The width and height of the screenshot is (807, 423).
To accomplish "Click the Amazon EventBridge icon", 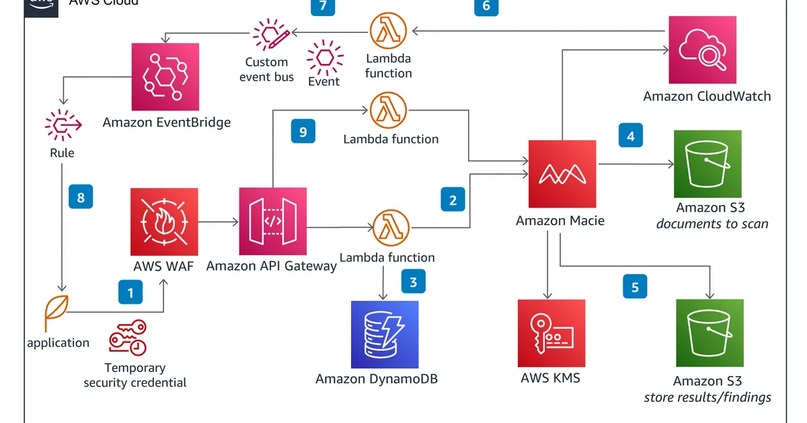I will (x=165, y=77).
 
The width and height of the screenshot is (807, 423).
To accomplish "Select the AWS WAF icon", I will (x=165, y=222).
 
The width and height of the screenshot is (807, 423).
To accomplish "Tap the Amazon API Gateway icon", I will (x=272, y=222).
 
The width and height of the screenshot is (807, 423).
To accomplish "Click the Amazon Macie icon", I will (x=562, y=174).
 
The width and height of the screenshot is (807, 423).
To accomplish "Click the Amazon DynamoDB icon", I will (x=384, y=334).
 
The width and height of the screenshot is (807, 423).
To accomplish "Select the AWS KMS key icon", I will (x=551, y=333).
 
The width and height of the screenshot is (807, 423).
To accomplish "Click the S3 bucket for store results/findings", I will (x=709, y=333).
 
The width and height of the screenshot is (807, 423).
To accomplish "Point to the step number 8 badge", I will (x=81, y=197).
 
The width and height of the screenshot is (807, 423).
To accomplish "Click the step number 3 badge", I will (x=414, y=282).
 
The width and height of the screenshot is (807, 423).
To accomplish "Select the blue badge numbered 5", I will (x=634, y=287).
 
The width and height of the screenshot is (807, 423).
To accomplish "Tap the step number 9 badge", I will (x=303, y=131).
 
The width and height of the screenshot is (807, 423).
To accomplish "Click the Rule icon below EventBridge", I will (x=63, y=125).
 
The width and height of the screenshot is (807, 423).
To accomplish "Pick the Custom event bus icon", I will (x=270, y=34).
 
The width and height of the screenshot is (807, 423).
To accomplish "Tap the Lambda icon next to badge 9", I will (x=389, y=110).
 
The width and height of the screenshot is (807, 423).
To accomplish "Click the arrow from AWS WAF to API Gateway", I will (x=219, y=222).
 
